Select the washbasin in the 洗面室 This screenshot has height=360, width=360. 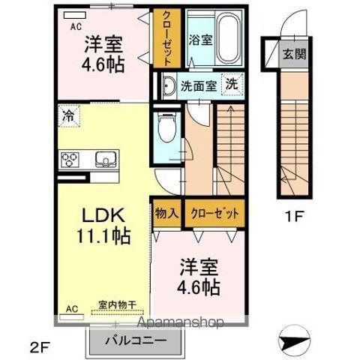point(169,85)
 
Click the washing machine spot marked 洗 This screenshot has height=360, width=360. point(232,85)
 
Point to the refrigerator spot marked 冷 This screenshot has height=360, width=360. point(69,116)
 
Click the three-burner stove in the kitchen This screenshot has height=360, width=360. point(70,160)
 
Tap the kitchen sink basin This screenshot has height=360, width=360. point(106,159)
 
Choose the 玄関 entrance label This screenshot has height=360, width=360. point(294,53)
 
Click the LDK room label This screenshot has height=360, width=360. point(103,215)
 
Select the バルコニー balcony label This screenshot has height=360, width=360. point(136,340)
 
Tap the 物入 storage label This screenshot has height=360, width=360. point(166,213)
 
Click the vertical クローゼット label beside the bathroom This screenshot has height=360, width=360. point(166,38)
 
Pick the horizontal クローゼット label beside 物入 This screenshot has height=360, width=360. point(214,214)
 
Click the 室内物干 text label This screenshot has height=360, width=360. point(117,304)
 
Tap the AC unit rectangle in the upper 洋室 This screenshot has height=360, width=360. point(75,15)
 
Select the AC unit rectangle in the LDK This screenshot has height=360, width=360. point(72,317)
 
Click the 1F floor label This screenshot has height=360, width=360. point(294,217)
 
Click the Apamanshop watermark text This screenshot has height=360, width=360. point(181,322)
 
